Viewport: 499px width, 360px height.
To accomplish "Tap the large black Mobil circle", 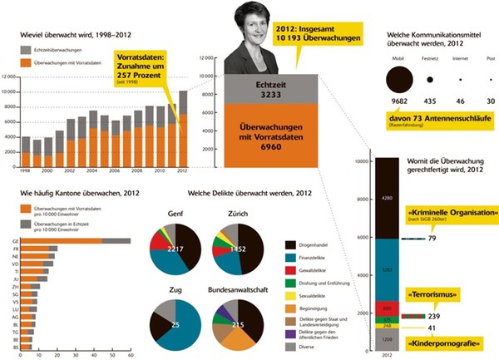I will click(400, 80).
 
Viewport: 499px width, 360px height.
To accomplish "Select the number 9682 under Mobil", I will click(399, 101).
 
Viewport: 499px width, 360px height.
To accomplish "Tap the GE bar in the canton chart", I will click(75, 241).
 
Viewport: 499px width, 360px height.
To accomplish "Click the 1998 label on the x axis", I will click(26, 170).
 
